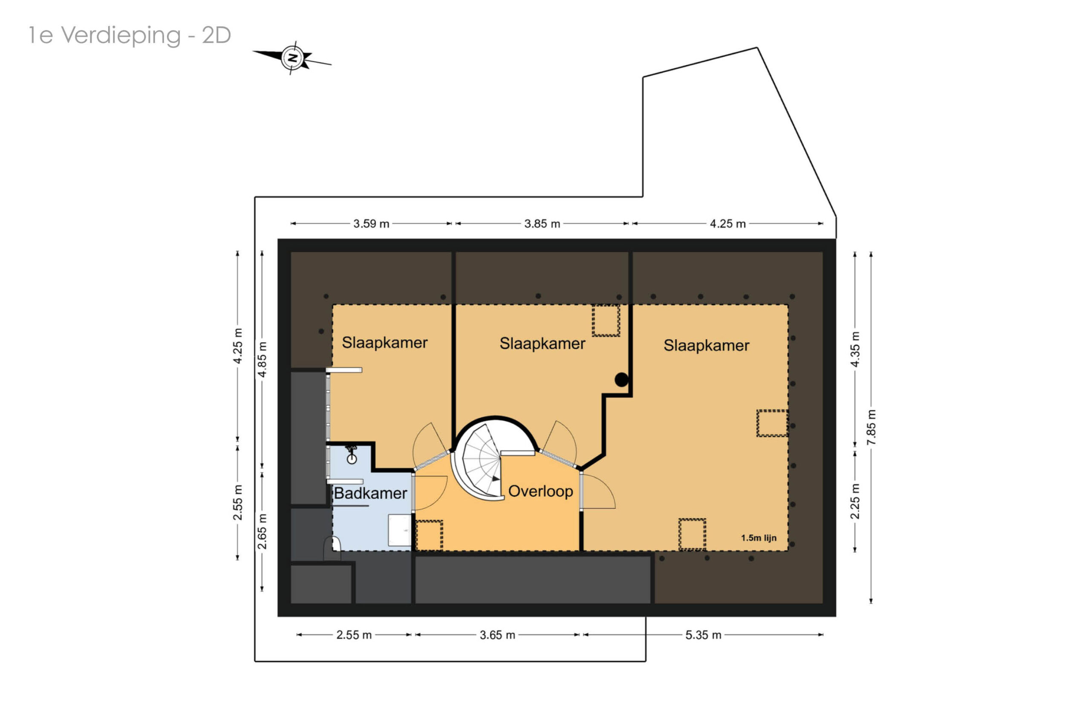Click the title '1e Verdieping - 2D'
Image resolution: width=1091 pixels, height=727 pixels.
(x=130, y=35)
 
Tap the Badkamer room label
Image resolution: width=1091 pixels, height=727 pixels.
(x=370, y=493)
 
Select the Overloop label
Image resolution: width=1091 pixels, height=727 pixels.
(x=541, y=491)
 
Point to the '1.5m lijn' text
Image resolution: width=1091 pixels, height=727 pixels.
(x=759, y=538)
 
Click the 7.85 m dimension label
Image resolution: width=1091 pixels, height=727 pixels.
(x=871, y=427)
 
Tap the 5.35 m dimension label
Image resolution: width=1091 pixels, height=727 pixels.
(x=703, y=635)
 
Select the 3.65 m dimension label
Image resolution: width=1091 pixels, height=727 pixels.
(x=497, y=635)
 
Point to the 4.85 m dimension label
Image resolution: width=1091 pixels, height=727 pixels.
(x=262, y=359)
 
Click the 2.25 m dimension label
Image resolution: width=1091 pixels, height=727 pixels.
(x=855, y=501)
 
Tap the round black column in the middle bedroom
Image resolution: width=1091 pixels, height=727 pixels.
(x=621, y=380)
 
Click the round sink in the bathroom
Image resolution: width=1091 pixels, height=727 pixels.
(x=352, y=459)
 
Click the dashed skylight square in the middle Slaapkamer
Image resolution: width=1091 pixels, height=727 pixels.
(x=606, y=320)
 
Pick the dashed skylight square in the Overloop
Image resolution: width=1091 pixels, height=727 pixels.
(x=429, y=536)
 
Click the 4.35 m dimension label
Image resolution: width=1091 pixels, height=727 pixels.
(x=855, y=349)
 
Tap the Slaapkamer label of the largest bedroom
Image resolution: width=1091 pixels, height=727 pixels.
(x=706, y=346)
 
